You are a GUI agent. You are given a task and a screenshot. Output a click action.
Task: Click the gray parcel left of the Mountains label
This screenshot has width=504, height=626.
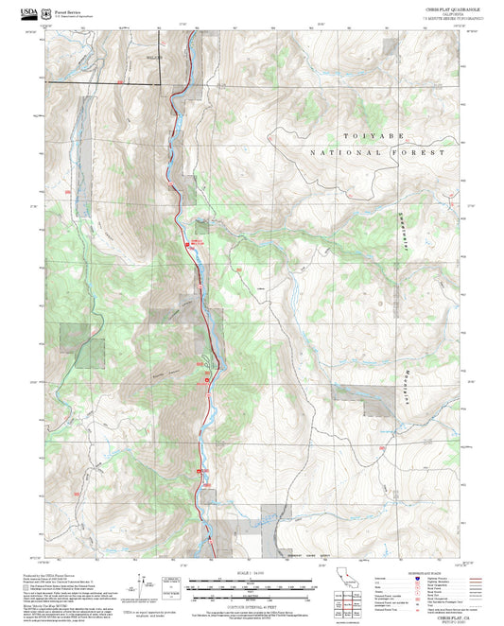(375, 399)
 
